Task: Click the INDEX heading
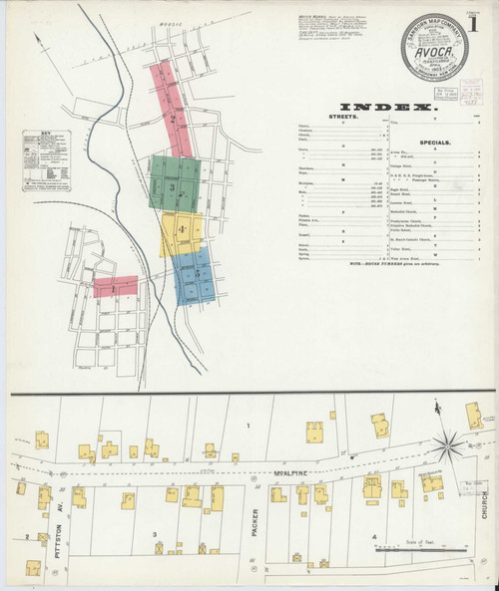(386, 107)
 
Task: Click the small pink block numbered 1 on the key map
(115, 287)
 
